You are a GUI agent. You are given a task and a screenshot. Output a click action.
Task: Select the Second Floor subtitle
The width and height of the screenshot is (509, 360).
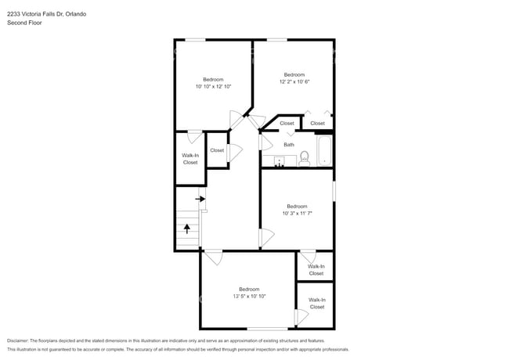pyautogui.click(x=23, y=23)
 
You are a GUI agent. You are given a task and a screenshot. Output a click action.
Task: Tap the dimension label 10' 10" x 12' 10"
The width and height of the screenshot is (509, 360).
pyautogui.click(x=213, y=86)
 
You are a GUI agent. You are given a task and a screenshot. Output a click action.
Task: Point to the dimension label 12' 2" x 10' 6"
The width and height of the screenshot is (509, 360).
pyautogui.click(x=294, y=81)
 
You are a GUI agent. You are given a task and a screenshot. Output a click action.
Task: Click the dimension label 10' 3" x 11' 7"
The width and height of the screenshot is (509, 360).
pyautogui.click(x=297, y=213)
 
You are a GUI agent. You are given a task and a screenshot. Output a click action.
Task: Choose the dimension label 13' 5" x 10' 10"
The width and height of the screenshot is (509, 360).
pyautogui.click(x=249, y=296)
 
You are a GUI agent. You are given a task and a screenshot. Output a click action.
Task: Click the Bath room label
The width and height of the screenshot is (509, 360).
pyautogui.click(x=289, y=144)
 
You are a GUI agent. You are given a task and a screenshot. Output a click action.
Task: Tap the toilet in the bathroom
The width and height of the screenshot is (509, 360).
pyautogui.click(x=305, y=158)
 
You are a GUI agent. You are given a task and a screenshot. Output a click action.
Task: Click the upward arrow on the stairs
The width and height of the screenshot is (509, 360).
pyautogui.click(x=187, y=229)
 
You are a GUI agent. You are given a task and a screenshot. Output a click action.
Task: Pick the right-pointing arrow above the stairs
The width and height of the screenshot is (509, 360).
pyautogui.click(x=200, y=199)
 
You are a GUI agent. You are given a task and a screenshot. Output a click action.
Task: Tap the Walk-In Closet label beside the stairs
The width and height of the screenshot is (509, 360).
pyautogui.click(x=190, y=159)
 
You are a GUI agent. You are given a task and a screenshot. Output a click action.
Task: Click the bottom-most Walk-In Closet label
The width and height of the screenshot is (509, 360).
pyautogui.click(x=316, y=303)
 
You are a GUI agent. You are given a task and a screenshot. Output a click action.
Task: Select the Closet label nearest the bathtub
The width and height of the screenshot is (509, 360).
pyautogui.click(x=317, y=123)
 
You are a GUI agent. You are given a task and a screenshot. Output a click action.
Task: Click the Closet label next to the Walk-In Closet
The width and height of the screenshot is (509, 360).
pyautogui.click(x=217, y=150)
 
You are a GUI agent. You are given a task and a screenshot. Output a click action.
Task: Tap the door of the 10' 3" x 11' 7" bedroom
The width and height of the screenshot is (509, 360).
pyautogui.click(x=267, y=237)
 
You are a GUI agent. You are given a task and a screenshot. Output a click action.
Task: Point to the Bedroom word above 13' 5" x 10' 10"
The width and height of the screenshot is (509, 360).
pyautogui.click(x=249, y=288)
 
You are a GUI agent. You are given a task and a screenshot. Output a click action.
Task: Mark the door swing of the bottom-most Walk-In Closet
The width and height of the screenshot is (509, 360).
pyautogui.click(x=301, y=317)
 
